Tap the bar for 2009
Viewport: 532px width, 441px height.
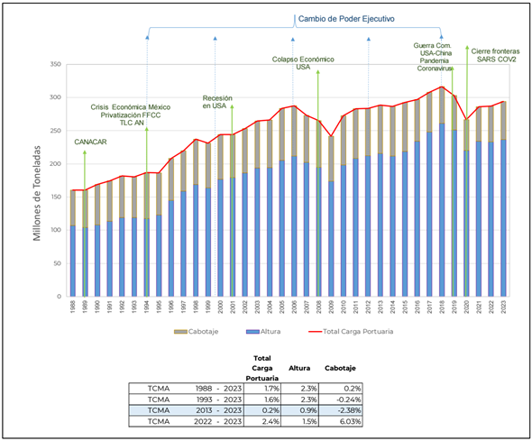(x=332, y=216)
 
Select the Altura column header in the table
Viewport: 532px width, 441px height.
(x=298, y=368)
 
